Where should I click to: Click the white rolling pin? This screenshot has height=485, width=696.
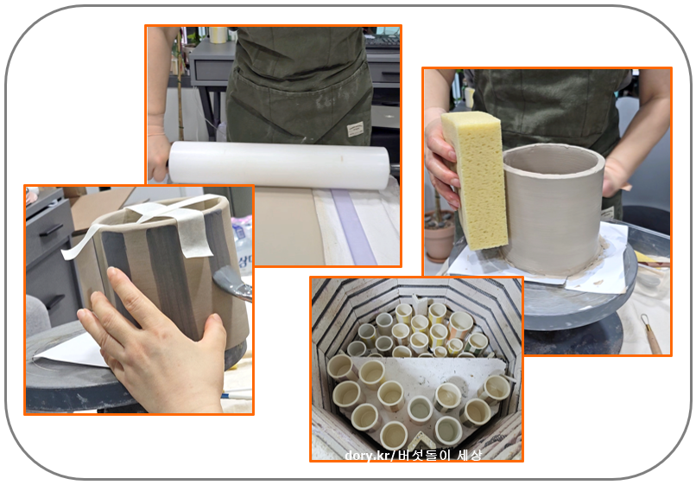pos(279,163)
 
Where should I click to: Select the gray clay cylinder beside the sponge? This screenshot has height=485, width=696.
pos(553,208)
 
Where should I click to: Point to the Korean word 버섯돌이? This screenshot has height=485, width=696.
pos(424,455)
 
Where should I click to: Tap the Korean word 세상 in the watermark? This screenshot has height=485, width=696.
pos(469,455)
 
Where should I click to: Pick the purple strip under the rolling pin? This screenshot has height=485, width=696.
pos(353,226)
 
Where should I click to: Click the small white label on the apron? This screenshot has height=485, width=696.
pos(356,130)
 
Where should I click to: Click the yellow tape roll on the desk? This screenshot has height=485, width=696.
pos(218,35)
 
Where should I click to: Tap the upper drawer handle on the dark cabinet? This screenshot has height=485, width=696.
pos(51,230)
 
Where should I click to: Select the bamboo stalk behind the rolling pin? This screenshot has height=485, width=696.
pos(180,85)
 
